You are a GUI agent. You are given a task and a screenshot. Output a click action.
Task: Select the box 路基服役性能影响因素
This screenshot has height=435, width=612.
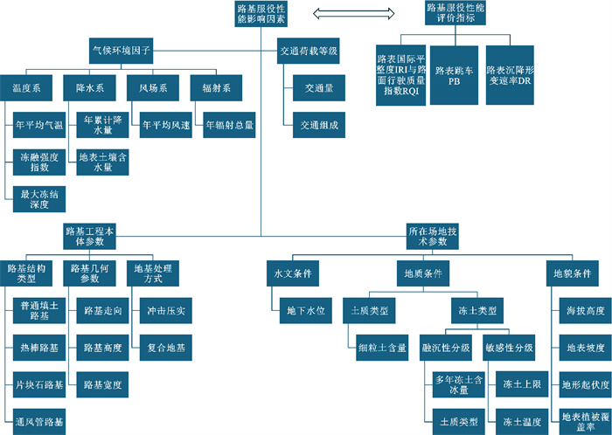(261, 13)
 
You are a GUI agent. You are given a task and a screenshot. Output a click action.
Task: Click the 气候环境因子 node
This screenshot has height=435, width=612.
(122, 50)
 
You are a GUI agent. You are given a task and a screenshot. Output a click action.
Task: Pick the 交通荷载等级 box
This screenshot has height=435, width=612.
(308, 50)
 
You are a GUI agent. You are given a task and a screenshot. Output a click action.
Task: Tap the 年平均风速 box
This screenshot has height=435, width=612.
(166, 126)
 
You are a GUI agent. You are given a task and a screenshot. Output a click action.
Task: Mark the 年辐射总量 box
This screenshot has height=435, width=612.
(230, 126)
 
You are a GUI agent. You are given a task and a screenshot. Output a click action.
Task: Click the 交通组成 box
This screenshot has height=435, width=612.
(314, 126)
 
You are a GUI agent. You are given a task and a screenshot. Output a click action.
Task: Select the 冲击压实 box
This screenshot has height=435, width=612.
(166, 310)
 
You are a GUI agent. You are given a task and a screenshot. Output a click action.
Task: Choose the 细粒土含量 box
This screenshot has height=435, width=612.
(382, 347)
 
